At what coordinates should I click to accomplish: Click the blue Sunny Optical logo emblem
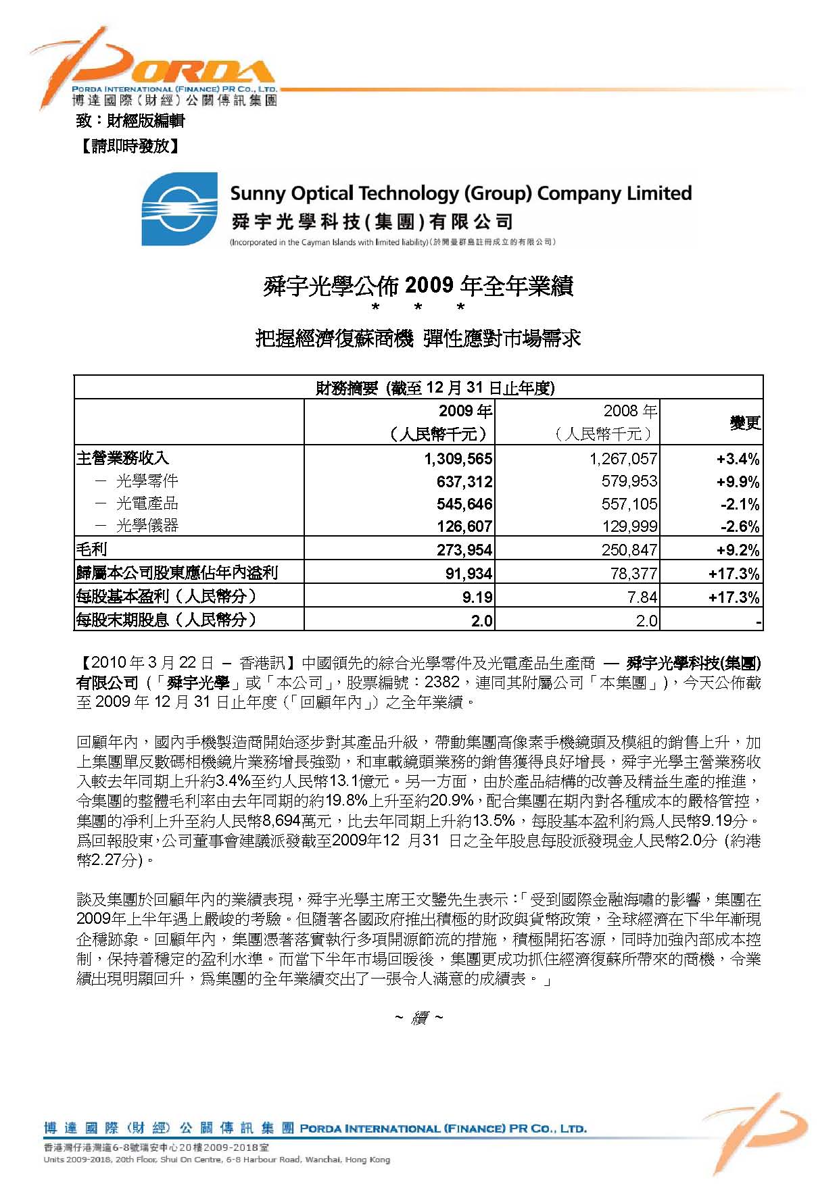coord(179,209)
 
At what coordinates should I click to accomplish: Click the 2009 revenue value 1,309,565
coord(458,460)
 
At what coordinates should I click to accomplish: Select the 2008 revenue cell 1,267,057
coord(623,460)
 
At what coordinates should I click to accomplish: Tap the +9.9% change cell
coord(738,483)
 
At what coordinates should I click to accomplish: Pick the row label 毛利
coord(92,549)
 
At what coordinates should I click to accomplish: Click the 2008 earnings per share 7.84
coord(642,597)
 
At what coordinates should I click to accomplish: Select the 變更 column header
coord(744,423)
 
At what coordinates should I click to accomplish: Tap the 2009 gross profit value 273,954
coord(464,550)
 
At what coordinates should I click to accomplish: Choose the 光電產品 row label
coord(147,503)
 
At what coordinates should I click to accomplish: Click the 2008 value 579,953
coord(629,482)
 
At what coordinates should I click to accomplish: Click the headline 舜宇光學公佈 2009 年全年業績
coord(418,286)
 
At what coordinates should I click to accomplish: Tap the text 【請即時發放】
coord(129,146)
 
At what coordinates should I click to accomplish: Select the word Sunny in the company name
coord(258,194)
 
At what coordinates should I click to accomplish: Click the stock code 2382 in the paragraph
coord(442,683)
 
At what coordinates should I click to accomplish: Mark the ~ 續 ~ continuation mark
coord(418,1018)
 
